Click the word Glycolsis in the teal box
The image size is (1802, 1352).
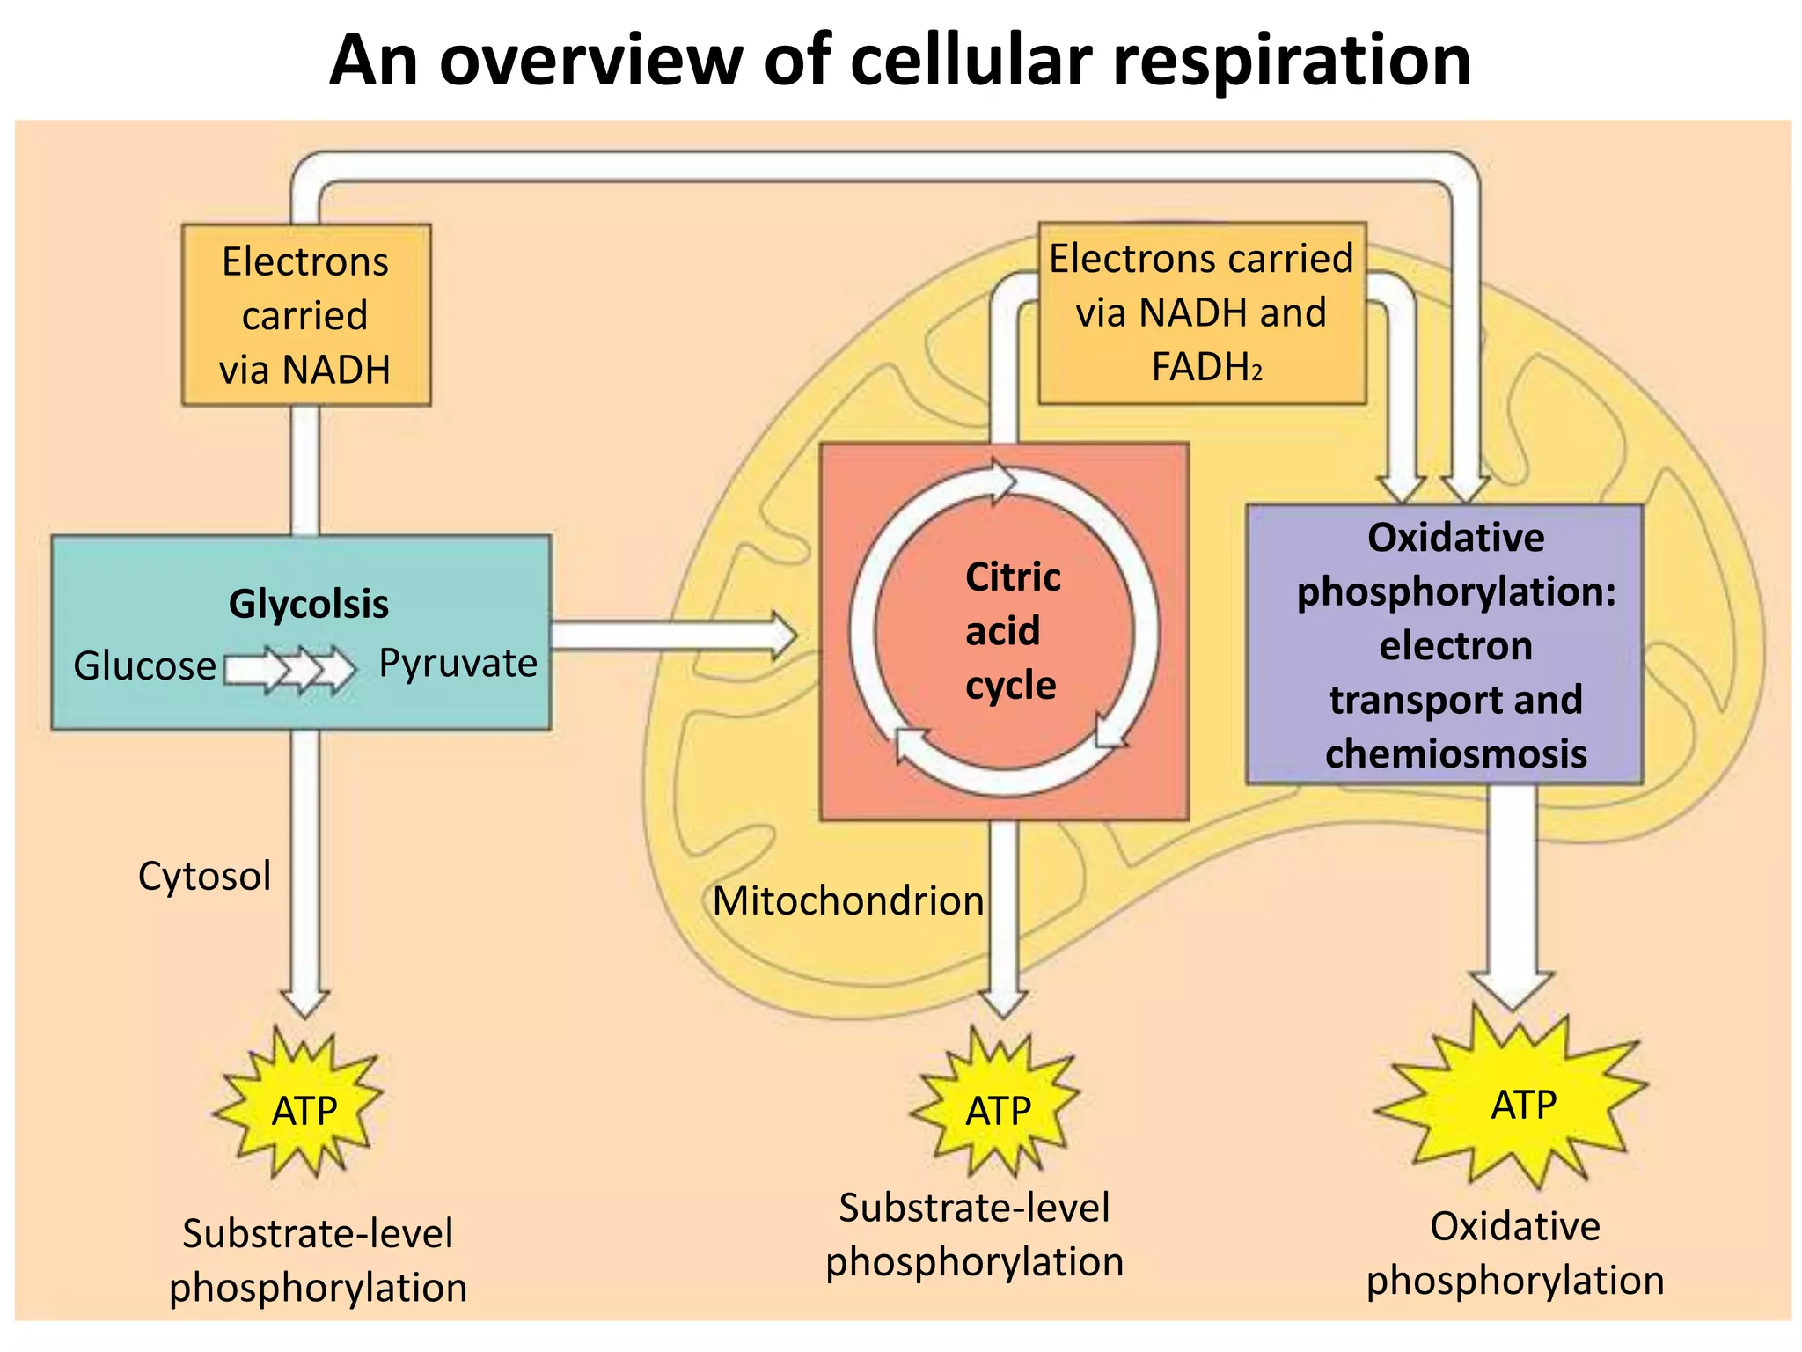pos(308,604)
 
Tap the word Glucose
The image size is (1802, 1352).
pos(144,666)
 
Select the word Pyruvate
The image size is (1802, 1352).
pos(458,663)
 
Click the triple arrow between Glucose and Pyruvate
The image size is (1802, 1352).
pos(290,670)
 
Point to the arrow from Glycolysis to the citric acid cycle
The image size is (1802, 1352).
pos(673,635)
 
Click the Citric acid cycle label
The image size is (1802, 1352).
pos(1012,631)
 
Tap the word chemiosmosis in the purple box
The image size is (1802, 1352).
pos(1455,754)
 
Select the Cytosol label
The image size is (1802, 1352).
pos(204,876)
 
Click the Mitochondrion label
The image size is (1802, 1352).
pos(847,900)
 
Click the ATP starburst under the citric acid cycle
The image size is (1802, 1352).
pos(997,1109)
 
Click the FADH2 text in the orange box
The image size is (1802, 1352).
pos(1205,367)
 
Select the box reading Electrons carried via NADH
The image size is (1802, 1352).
pos(305,314)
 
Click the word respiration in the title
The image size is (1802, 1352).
pos(1292,62)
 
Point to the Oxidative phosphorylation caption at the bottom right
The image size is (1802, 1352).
pos(1514,1253)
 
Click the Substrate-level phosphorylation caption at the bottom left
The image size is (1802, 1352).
pos(318,1260)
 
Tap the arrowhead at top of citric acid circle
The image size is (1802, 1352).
pos(1003,481)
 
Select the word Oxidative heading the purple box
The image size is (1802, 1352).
pos(1455,538)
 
